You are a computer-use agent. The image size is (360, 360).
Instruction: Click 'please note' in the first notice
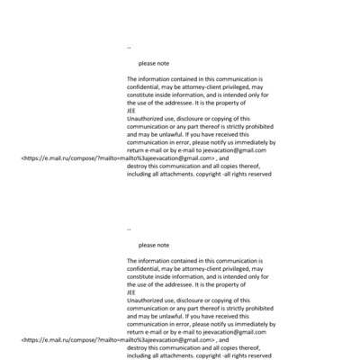click(x=154, y=64)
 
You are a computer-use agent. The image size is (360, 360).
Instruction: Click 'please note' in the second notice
click(x=154, y=245)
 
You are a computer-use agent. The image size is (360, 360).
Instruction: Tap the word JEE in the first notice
click(x=132, y=111)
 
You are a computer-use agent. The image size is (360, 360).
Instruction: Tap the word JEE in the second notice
click(x=132, y=292)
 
